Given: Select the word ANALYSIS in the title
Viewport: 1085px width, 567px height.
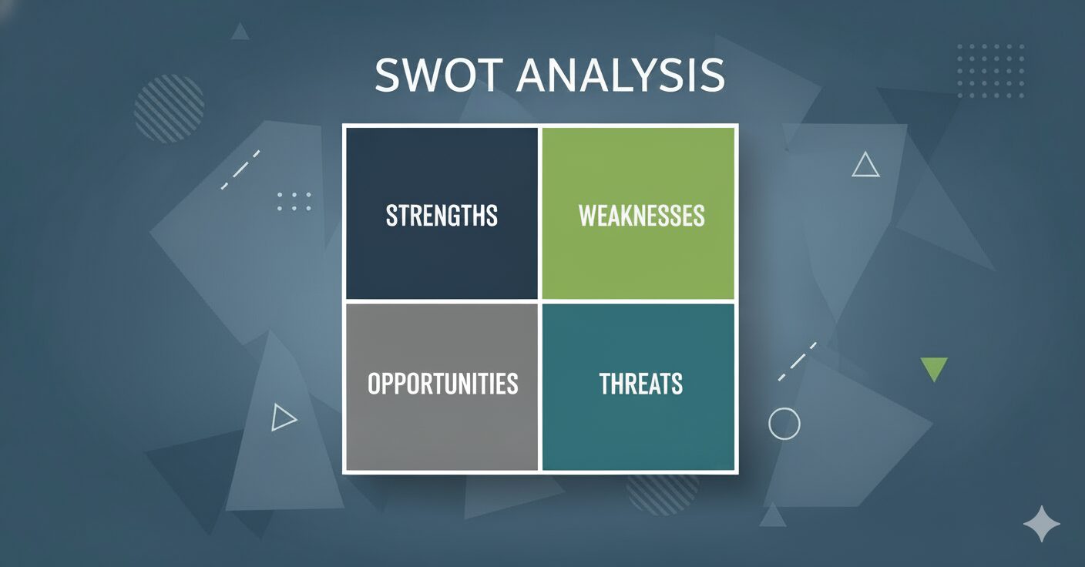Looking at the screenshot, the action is coord(620,75).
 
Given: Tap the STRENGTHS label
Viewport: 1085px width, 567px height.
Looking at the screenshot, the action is coord(442,216).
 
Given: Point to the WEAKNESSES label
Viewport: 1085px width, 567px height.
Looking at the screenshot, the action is coord(641,216).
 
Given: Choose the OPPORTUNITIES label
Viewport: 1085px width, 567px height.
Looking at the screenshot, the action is coord(443,384).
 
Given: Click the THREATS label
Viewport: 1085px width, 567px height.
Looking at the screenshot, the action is coord(641,384).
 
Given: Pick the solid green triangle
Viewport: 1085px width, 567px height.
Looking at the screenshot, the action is coord(934,369).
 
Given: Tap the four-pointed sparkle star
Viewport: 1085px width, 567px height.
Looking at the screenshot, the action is coord(1041,524).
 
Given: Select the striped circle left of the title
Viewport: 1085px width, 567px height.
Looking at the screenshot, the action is coord(169,109).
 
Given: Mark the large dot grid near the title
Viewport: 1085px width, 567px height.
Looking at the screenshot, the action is coord(990,71).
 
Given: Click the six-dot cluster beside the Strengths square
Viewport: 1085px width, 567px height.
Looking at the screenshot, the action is coord(294,201).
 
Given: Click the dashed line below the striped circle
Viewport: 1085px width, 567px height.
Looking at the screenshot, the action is coord(240,169).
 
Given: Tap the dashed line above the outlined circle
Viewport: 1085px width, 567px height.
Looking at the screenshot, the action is coord(798,361).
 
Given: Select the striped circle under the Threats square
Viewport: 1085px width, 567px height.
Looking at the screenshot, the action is coord(662,494).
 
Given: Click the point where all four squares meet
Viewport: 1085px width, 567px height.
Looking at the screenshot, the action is coord(540,301).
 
